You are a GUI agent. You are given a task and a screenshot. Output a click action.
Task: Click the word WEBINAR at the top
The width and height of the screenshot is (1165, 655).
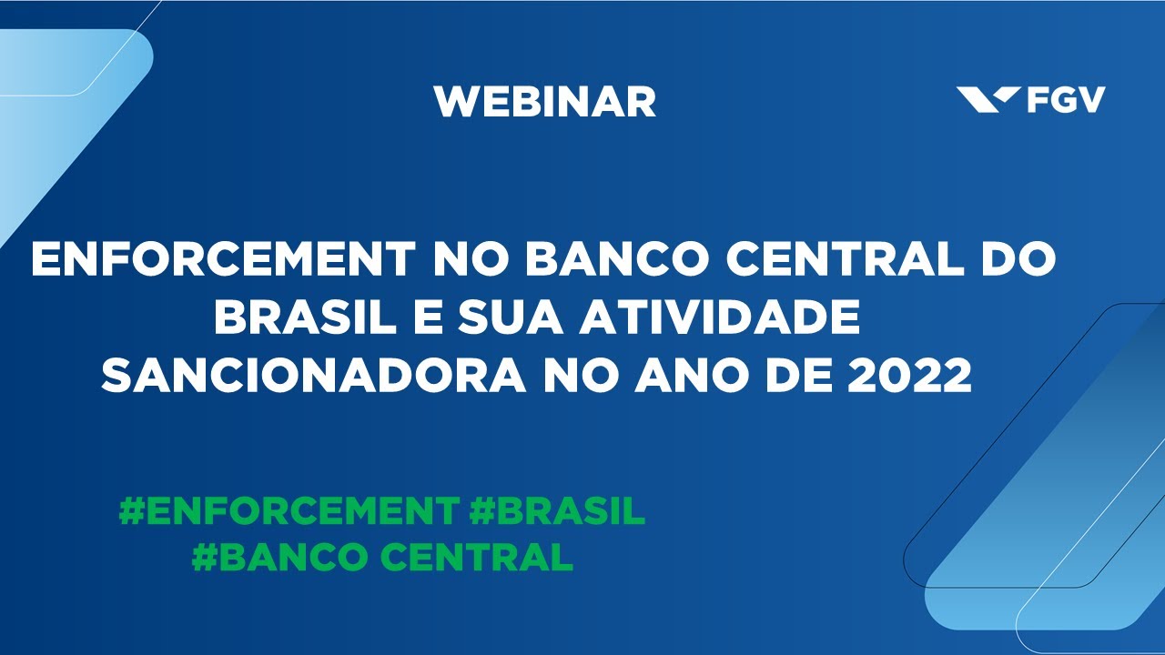pos(544,101)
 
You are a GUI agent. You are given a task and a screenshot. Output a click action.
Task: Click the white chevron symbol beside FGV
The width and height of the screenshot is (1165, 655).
pos(988,99)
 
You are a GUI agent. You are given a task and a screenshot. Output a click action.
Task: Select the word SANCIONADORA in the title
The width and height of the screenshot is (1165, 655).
pos(315,374)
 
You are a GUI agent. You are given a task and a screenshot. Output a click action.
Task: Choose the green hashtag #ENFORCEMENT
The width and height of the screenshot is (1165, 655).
pos(289,510)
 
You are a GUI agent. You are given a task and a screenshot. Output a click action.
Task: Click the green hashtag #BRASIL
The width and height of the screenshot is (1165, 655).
pos(558,510)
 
